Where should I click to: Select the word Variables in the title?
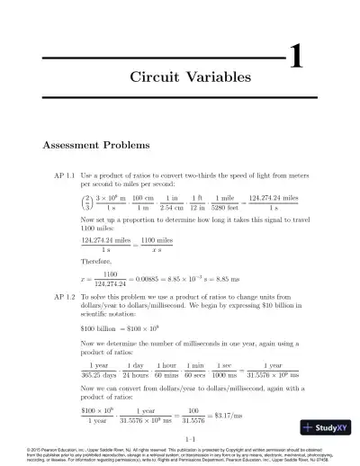216,78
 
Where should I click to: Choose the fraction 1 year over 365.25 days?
100,371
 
